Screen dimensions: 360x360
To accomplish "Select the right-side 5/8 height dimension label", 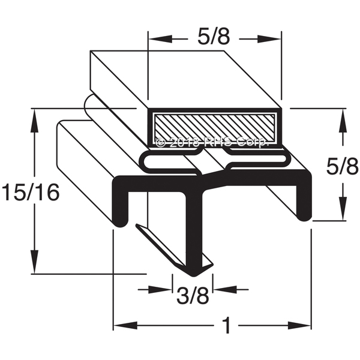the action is (343, 166).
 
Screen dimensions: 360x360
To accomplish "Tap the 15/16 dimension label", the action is (31, 192).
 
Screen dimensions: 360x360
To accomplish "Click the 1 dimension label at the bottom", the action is (226, 325).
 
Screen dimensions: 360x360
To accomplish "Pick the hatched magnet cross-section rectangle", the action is (215, 128).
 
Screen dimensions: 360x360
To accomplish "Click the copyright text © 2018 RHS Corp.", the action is (212, 143).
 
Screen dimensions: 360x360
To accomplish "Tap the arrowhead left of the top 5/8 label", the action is (160, 39).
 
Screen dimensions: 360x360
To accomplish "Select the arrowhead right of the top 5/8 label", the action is (269, 39).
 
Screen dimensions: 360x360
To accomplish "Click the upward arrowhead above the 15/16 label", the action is (35, 121).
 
